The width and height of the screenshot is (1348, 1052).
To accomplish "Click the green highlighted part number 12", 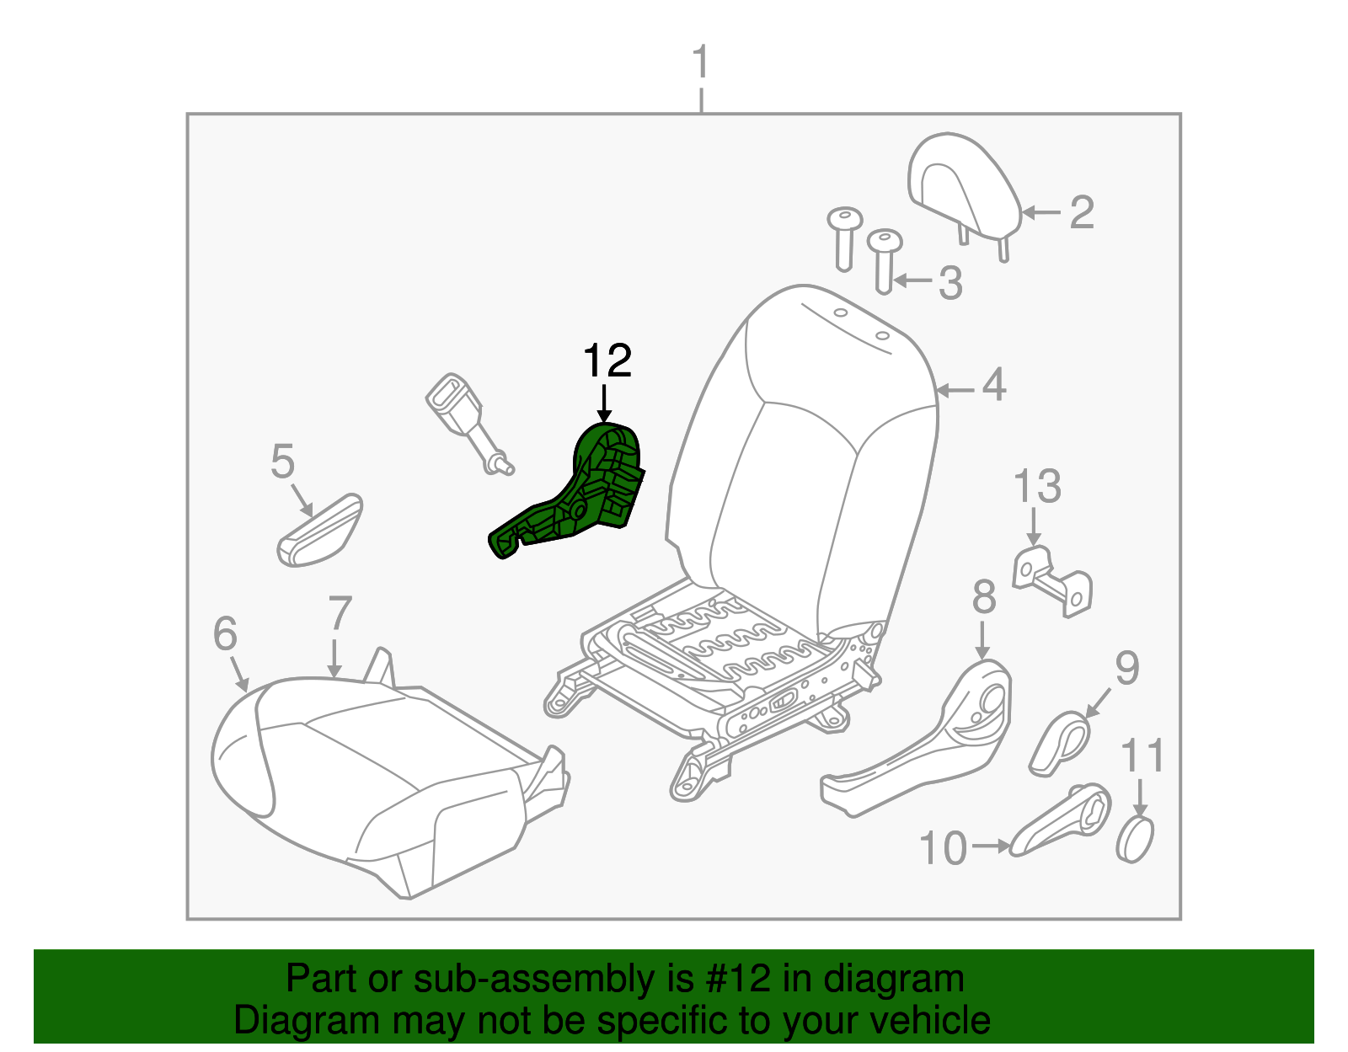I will (581, 497).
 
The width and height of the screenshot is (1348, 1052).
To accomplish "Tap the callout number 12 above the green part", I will (607, 361).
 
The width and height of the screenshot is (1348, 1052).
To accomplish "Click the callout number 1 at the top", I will (700, 64).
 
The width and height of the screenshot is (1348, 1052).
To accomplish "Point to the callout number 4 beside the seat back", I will (994, 385).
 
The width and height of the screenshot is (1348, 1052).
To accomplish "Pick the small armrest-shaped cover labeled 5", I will (320, 531).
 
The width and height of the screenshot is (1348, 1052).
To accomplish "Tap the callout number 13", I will (1037, 487).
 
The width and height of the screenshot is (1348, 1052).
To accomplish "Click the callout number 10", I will (943, 848).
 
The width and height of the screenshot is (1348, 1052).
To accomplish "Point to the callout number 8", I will (983, 598).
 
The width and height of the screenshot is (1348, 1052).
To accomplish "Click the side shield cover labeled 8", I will (927, 750).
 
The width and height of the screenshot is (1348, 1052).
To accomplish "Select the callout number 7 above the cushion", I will (340, 614).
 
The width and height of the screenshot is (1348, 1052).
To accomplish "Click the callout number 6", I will (225, 633).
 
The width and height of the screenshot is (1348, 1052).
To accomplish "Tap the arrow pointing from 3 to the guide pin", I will (913, 280).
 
